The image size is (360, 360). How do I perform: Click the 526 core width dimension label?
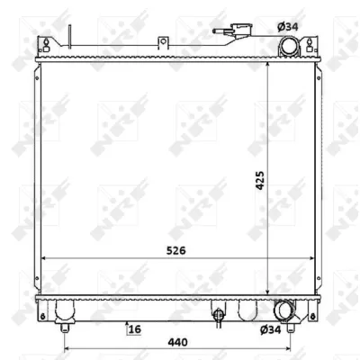pyautogui.click(x=176, y=250)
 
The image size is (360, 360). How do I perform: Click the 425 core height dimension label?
pyautogui.click(x=260, y=180)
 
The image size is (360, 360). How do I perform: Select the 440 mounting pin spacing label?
pyautogui.click(x=177, y=342)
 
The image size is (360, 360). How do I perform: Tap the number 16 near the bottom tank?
pyautogui.click(x=135, y=329)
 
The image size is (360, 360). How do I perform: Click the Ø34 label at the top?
pyautogui.click(x=287, y=27)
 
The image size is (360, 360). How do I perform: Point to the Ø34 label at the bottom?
pyautogui.click(x=271, y=330)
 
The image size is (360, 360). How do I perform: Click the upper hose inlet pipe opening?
pyautogui.click(x=289, y=46)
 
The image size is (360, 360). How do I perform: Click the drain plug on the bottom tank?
pyautogui.click(x=219, y=315)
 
